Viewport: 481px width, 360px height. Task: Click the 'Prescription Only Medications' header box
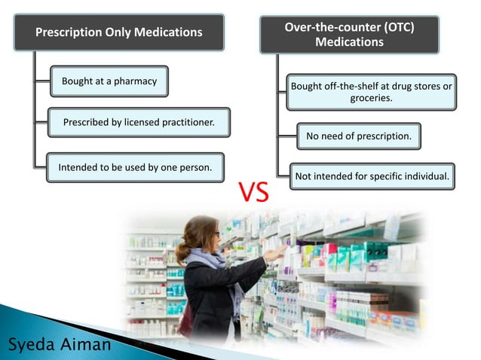[x=120, y=32]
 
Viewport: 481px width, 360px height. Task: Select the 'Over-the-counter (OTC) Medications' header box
[x=349, y=35]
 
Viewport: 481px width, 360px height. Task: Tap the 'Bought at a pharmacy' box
[x=109, y=81]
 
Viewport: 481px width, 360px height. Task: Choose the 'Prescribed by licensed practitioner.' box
[x=138, y=122]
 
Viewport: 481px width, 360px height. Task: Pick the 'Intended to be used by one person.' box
[x=135, y=167]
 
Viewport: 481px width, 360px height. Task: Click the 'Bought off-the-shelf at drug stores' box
[x=371, y=92]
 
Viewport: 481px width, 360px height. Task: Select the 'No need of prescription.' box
[x=358, y=136]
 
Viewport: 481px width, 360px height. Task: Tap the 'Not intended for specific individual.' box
[x=372, y=176]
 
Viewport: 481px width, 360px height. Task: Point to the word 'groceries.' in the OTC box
[x=371, y=98]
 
